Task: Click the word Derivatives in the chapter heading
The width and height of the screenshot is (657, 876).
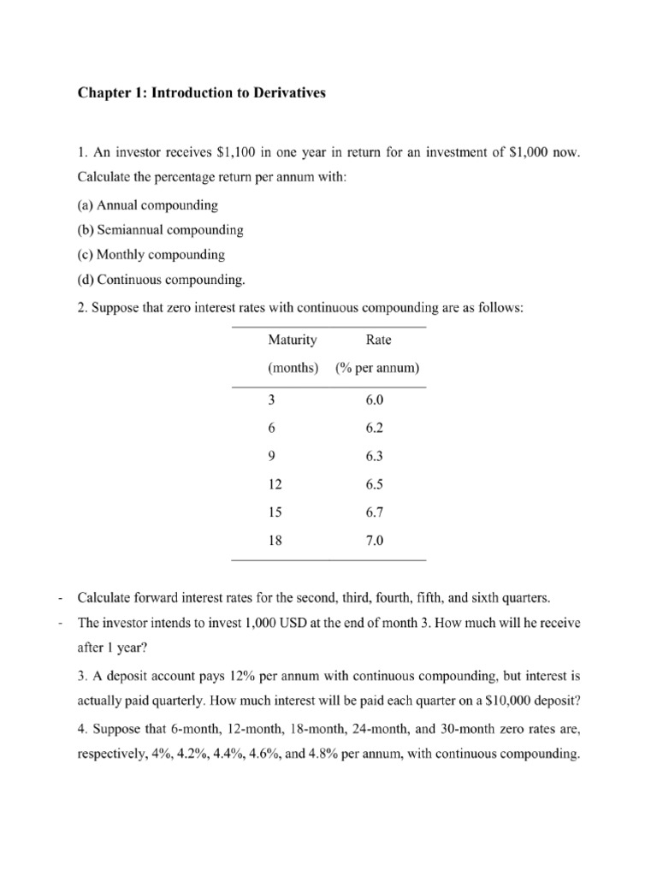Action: pyautogui.click(x=285, y=93)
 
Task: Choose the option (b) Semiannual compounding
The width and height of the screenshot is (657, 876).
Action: pyautogui.click(x=160, y=230)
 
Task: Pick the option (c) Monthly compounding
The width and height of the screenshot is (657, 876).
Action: pyautogui.click(x=151, y=254)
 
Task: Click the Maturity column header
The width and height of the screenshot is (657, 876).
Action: pyautogui.click(x=293, y=340)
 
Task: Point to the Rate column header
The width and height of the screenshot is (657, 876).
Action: pyautogui.click(x=378, y=340)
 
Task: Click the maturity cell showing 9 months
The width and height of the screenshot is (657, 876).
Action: pyautogui.click(x=271, y=457)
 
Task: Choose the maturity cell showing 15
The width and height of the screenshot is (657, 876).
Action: pyautogui.click(x=275, y=512)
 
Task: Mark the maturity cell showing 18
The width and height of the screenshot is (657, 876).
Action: pyautogui.click(x=275, y=541)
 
